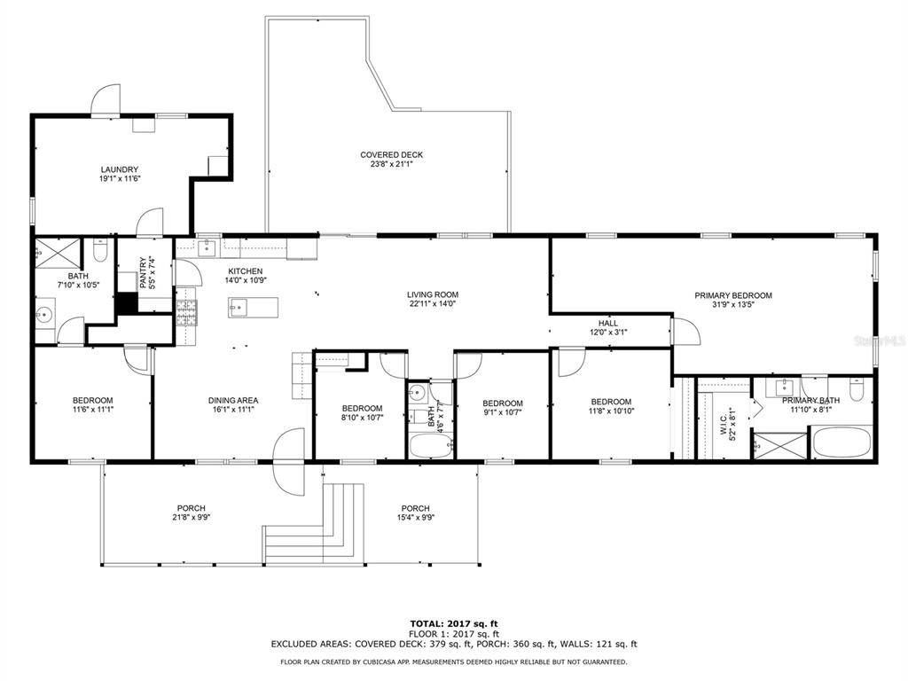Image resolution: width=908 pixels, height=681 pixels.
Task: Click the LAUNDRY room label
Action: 119,169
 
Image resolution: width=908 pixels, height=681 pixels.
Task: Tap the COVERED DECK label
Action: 391,154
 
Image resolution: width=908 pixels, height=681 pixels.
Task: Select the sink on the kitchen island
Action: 239,309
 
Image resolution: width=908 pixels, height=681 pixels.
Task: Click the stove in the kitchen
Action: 187,310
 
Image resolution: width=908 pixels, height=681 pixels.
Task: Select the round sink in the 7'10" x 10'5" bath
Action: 45,313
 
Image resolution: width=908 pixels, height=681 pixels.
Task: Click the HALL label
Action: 607,324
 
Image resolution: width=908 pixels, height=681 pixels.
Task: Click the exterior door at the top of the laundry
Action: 106,102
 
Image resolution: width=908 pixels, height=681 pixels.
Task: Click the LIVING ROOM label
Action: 433,294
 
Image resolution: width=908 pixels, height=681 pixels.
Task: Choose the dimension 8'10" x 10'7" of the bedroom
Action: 363,419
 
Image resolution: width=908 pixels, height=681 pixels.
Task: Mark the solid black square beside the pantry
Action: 128,302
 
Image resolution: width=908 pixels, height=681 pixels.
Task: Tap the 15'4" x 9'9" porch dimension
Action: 415,518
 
